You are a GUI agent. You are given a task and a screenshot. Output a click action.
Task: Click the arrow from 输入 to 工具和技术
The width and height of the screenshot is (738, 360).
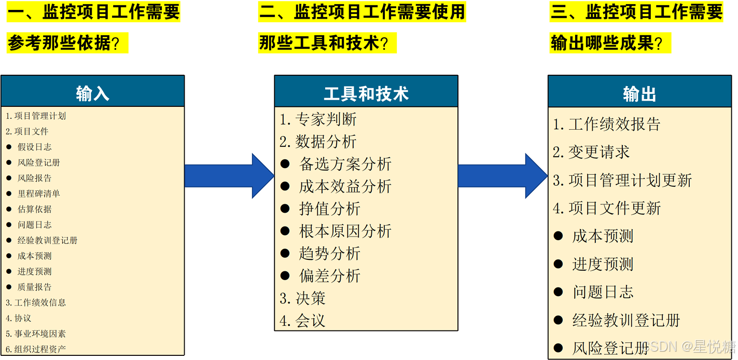228,176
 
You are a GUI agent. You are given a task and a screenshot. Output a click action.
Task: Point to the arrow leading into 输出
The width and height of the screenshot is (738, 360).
502,176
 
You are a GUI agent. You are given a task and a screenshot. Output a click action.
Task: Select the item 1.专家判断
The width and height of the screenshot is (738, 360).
318,119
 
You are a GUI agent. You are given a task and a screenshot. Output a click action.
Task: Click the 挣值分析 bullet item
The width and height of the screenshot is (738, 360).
329,209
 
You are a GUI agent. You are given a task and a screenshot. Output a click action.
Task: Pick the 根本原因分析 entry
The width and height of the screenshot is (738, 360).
345,231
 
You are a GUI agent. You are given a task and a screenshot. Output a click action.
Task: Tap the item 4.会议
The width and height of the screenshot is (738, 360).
303,321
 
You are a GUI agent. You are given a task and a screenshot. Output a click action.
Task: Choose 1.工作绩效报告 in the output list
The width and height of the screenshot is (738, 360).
607,124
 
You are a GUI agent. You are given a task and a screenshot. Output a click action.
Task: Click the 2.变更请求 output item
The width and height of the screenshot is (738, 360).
591,152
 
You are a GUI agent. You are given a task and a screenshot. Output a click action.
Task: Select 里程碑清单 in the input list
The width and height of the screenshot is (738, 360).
39,193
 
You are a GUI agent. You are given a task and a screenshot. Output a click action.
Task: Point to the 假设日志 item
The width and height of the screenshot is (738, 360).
35,147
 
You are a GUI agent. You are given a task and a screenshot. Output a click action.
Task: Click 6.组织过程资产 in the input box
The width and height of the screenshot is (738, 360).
36,349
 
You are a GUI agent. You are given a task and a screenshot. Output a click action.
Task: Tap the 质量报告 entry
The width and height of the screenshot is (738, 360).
35,287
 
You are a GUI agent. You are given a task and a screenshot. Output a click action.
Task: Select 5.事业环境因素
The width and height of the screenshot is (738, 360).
36,334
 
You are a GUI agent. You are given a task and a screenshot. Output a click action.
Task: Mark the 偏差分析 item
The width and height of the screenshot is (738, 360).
329,275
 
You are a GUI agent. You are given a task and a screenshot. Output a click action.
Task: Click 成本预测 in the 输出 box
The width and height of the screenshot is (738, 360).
603,236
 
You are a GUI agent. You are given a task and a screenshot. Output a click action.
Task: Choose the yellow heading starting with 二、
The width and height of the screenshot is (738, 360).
362,12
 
